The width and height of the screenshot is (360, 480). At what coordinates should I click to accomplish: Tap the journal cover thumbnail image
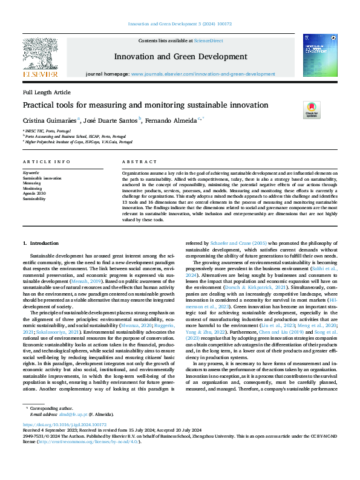pyautogui.click(x=320, y=55)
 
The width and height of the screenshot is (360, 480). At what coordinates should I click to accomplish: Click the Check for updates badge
pyautogui.click(x=312, y=110)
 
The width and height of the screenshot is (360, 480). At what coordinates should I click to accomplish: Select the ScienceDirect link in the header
pyautogui.click(x=208, y=41)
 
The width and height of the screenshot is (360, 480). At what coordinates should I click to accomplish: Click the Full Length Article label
pyautogui.click(x=47, y=92)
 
